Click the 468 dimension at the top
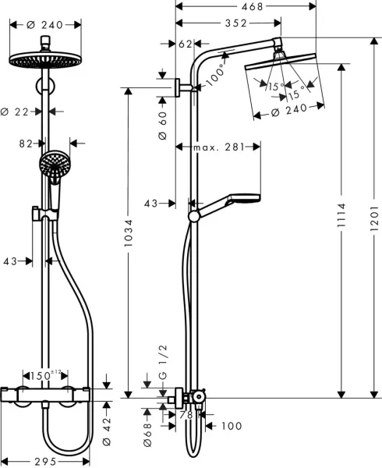pyautogui.click(x=249, y=6)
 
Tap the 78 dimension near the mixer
pyautogui.click(x=186, y=414)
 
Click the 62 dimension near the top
pyautogui.click(x=186, y=44)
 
